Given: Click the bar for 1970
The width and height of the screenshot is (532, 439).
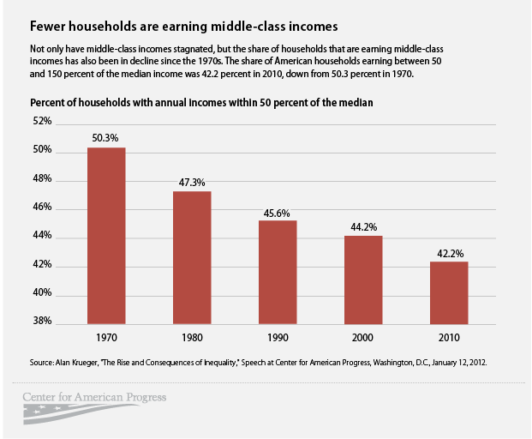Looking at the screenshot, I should (106, 235).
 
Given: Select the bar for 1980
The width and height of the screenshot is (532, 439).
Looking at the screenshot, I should (192, 256).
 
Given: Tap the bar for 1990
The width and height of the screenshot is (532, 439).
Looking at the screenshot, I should (278, 271).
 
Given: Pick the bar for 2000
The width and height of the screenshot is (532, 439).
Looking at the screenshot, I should (363, 279).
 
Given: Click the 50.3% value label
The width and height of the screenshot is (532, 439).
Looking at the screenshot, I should (106, 137).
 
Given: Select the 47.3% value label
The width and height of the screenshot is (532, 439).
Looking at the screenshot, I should (192, 181).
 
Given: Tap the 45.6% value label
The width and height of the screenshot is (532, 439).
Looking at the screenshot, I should (278, 211).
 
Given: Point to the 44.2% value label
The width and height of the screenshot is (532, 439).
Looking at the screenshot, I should (363, 226).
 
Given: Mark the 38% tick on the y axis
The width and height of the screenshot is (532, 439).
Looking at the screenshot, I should (42, 323).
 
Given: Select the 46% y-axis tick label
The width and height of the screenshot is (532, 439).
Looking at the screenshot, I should (42, 208).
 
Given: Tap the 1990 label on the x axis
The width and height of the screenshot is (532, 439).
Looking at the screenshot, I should (278, 339).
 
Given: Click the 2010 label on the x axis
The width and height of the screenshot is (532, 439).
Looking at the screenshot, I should (448, 339).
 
